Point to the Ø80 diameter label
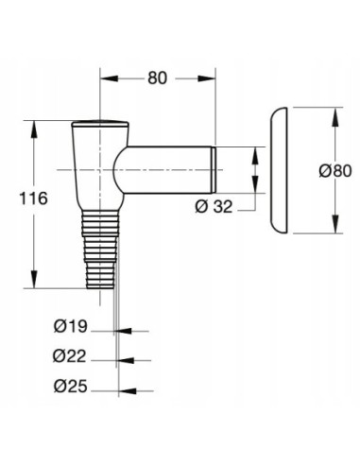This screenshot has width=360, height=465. pos(334,170)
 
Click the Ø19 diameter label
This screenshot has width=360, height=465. pos(70,329)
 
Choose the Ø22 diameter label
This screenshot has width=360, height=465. pos(70,357)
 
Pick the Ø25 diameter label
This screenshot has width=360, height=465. pos(70,387)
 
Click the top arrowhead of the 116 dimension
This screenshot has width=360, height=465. pos(36,125)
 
